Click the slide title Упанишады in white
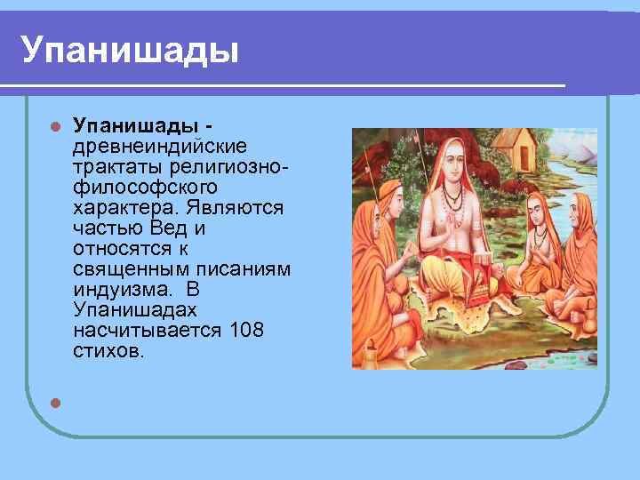click(130, 50)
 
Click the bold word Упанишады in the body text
click(136, 126)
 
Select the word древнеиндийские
click(160, 146)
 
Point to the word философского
click(145, 188)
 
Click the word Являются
click(235, 208)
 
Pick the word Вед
click(168, 228)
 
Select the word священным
click(132, 270)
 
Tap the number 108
click(247, 330)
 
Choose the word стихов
click(108, 350)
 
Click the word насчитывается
click(148, 330)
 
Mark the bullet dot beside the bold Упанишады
click(55, 126)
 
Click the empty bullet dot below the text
click(55, 403)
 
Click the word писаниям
click(244, 270)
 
